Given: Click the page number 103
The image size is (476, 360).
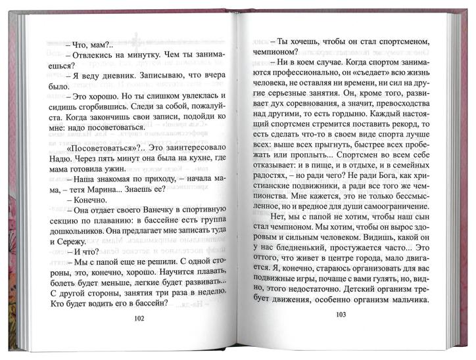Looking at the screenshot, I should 341,314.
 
